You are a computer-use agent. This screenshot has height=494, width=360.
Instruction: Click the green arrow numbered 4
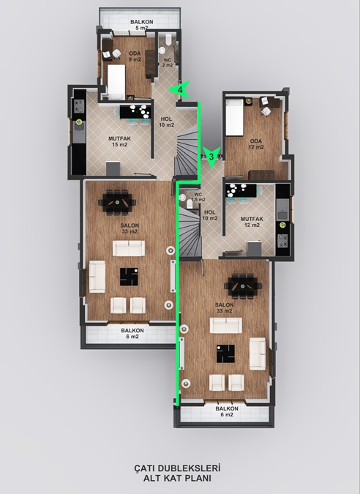click(x=179, y=90)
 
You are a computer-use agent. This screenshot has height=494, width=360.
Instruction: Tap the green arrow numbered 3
click(x=211, y=157)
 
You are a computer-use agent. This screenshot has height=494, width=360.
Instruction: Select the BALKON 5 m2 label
click(x=142, y=25)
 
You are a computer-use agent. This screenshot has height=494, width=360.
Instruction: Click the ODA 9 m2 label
click(x=135, y=56)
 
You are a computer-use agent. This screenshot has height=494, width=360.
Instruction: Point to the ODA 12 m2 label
click(x=256, y=144)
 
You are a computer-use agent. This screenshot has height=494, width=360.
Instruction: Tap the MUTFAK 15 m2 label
click(x=120, y=141)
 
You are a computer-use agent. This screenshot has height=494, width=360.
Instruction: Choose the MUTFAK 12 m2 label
click(x=252, y=222)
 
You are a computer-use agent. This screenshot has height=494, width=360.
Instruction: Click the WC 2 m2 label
click(x=168, y=62)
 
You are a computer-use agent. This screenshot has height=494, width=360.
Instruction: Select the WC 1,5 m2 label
click(x=198, y=197)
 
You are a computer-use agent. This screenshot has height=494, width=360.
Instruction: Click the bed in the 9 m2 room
click(x=116, y=81)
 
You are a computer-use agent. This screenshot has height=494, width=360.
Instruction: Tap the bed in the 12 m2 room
click(x=235, y=117)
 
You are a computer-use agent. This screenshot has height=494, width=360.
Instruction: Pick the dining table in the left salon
click(x=117, y=202)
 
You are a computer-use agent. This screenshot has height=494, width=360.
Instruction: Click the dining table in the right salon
click(x=243, y=286)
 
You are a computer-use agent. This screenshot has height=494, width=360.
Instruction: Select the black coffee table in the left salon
click(x=129, y=277)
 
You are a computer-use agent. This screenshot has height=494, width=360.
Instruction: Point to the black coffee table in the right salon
click(x=225, y=353)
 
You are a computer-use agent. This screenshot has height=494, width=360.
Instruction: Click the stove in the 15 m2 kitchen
click(x=79, y=106)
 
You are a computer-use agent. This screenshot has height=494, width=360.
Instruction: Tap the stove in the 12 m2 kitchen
click(x=282, y=240)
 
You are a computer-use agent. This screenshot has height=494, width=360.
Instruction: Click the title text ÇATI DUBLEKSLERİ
click(x=177, y=468)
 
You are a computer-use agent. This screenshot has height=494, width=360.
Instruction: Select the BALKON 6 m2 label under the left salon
click(x=132, y=333)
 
